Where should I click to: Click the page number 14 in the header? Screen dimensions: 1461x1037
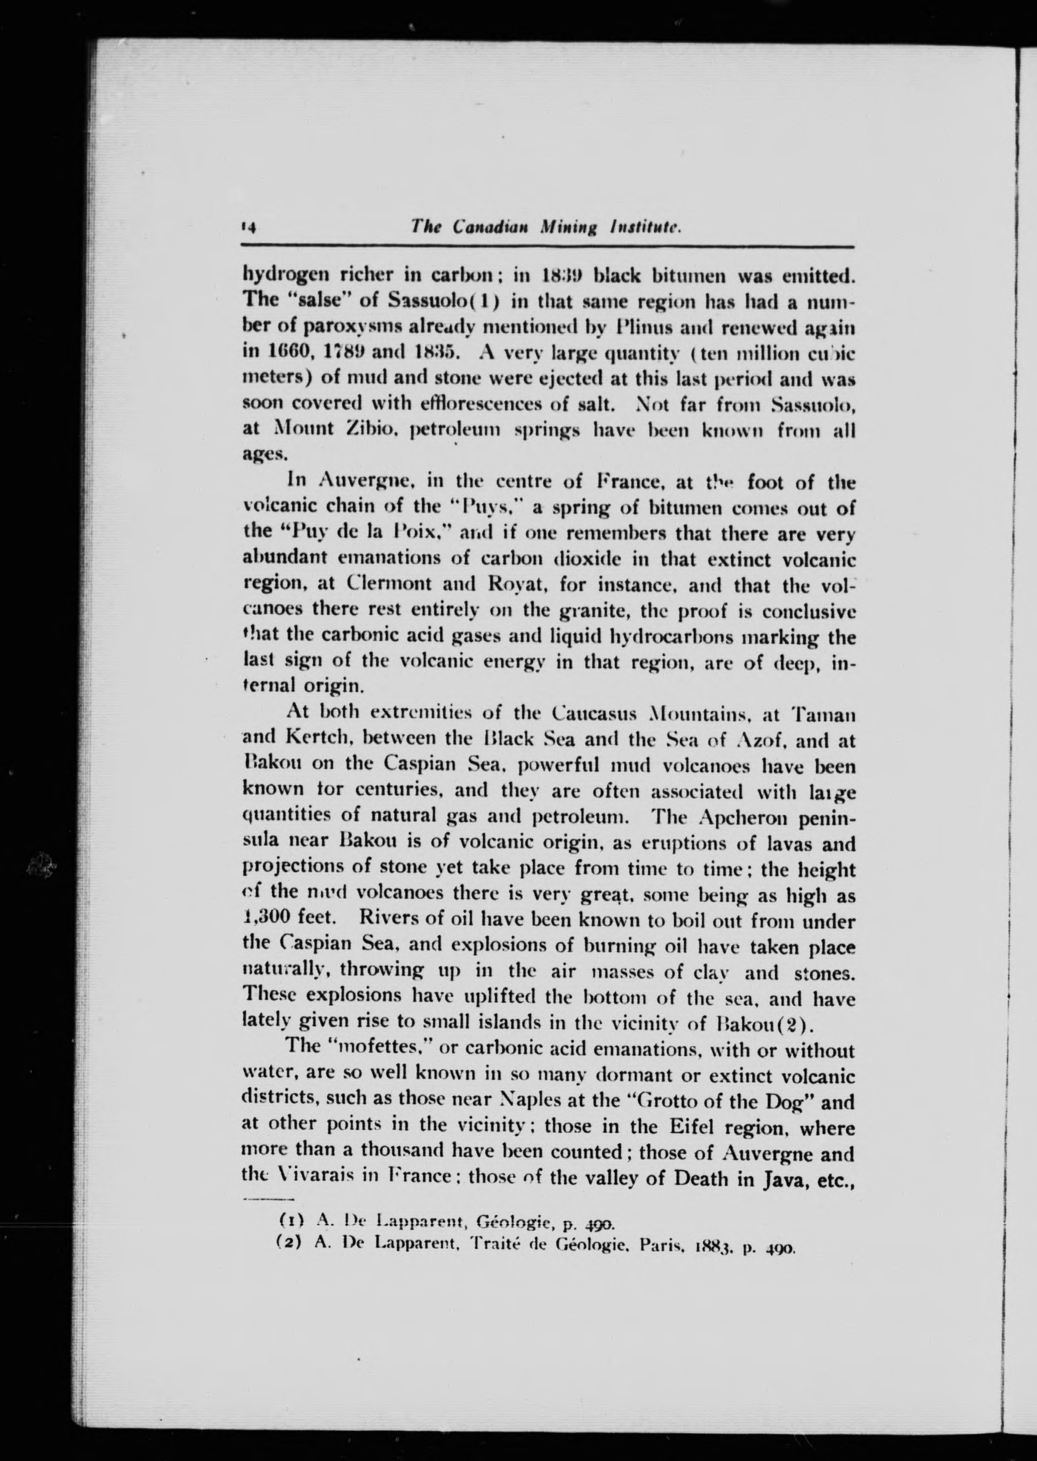click(x=248, y=228)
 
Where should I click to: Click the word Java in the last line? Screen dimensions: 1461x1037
click(x=786, y=1178)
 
